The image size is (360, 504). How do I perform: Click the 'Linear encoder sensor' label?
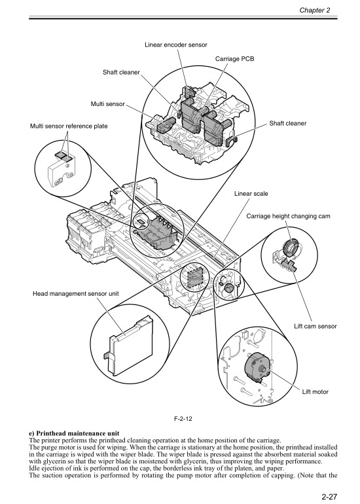coord(175,44)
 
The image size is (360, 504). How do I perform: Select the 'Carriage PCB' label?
coord(234,59)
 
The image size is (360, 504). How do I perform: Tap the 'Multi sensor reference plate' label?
coord(68,125)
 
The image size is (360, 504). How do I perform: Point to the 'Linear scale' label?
coord(252,194)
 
